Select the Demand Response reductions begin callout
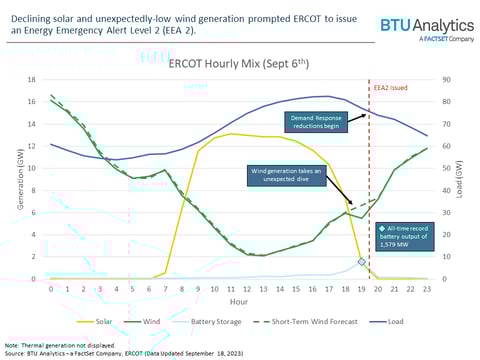[x=319, y=123]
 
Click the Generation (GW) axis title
[x=12, y=180]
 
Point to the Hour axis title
[x=239, y=300]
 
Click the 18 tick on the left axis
[x=33, y=80]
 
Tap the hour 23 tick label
[x=427, y=288]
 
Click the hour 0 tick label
[x=51, y=288]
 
